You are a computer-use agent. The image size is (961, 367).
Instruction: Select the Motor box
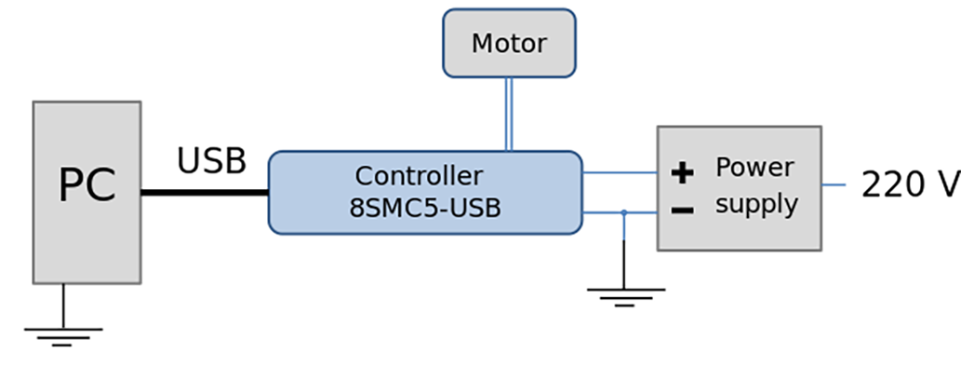(509, 43)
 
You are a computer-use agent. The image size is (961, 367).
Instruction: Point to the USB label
(211, 161)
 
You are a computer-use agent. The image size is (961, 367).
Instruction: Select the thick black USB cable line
(205, 193)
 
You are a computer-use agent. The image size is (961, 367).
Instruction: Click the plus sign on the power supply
(683, 172)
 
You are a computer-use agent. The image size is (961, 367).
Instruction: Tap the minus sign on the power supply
(683, 211)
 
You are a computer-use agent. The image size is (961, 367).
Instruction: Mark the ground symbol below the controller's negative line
(625, 296)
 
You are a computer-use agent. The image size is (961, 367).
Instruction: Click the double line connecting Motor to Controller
(509, 114)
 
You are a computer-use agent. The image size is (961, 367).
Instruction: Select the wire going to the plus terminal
(620, 172)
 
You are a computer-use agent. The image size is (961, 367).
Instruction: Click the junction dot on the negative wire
(624, 212)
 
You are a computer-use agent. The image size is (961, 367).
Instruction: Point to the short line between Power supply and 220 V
(833, 184)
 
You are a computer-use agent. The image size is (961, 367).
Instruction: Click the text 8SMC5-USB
(425, 208)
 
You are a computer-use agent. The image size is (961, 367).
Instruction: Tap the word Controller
(420, 176)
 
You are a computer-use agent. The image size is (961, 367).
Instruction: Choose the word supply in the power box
(756, 204)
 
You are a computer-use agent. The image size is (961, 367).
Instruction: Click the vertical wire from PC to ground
(63, 305)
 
